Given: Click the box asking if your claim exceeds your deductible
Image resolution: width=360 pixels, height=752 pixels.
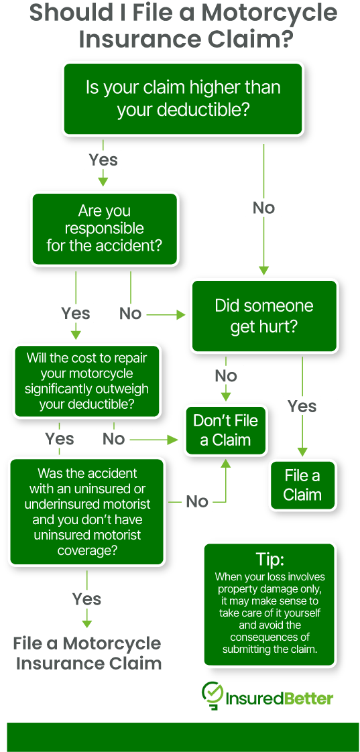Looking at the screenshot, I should [x=182, y=98].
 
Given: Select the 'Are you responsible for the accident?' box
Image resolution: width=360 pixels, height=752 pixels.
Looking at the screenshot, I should [x=104, y=229].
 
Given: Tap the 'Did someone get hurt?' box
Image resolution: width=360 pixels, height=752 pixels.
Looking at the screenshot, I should [x=263, y=316].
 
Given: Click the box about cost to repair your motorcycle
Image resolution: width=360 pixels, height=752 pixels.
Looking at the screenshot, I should [x=86, y=381].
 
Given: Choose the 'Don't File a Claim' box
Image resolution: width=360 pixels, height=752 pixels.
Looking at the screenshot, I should [x=225, y=430].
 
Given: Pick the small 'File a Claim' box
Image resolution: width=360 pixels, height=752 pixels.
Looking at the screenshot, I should [x=302, y=485].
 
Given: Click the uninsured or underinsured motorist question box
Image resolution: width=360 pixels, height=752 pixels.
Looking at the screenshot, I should [x=87, y=511].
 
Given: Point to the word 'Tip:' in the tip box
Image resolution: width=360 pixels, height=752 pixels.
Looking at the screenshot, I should [x=269, y=560].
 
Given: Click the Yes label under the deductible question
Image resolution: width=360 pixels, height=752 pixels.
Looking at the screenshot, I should [x=103, y=160].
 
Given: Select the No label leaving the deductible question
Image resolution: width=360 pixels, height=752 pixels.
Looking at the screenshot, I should [x=263, y=208].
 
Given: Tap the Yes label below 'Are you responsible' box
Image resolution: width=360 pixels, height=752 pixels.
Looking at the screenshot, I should [x=75, y=313].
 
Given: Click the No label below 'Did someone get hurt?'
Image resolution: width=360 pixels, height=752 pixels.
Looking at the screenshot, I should [x=226, y=375].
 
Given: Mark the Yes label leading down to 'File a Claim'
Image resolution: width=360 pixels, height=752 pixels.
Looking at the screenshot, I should [x=302, y=406].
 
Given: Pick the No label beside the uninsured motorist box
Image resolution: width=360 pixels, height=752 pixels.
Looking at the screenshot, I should [x=197, y=501].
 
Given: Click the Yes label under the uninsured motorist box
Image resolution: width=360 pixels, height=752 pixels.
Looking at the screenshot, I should [x=86, y=599].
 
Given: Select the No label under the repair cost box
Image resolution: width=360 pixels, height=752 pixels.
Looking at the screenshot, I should [x=113, y=439].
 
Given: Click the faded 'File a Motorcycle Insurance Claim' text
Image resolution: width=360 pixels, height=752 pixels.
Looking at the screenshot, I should [x=87, y=653].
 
